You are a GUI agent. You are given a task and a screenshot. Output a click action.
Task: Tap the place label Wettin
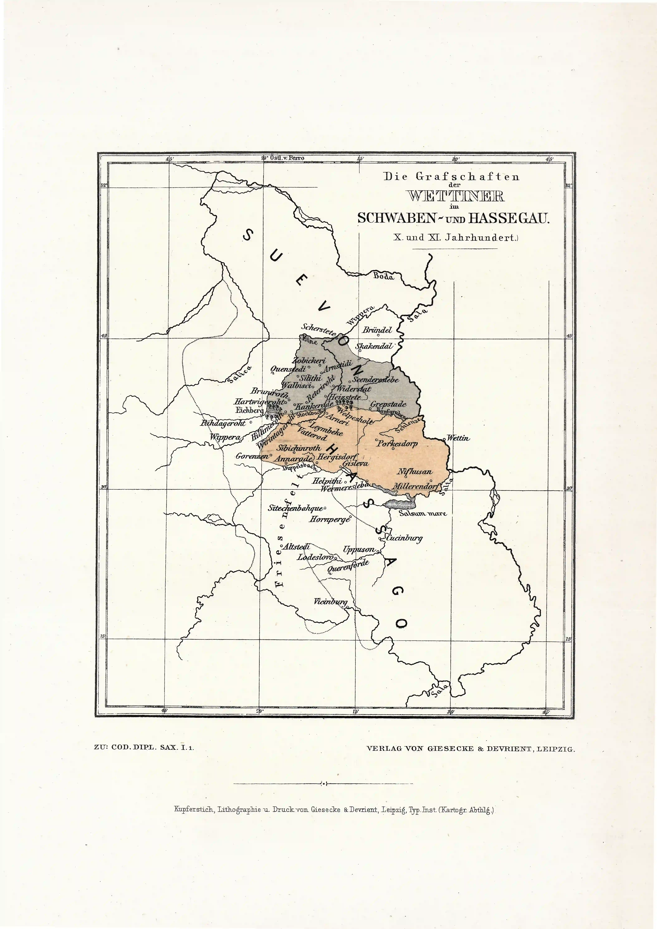(458, 438)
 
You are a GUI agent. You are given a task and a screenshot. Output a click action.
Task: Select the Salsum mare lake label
(423, 514)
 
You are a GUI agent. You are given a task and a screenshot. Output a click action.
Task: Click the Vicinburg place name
(330, 602)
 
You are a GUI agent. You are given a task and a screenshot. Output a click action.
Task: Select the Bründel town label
(377, 330)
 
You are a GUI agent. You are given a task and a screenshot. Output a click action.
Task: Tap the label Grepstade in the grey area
(388, 404)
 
